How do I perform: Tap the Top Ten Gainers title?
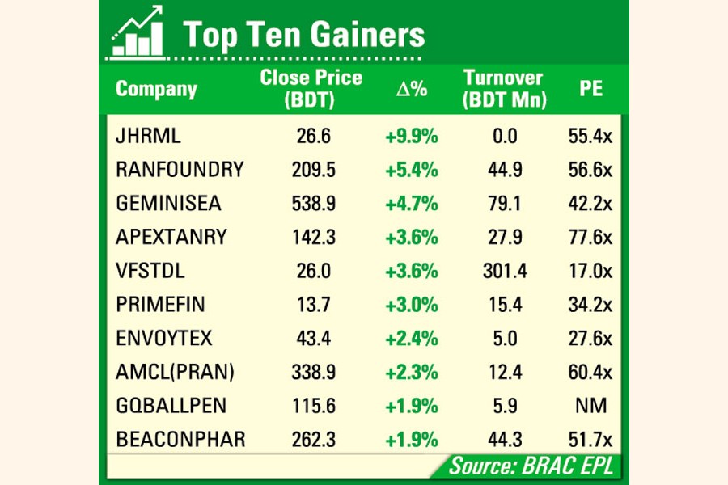tap(303, 36)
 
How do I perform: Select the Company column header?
tap(156, 89)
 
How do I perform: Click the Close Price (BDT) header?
tap(311, 89)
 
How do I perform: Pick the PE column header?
tap(591, 89)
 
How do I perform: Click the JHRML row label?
tap(149, 137)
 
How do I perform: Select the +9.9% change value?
tap(411, 137)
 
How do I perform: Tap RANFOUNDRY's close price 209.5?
tap(313, 171)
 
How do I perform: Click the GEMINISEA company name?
tap(168, 204)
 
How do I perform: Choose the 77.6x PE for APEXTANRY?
tap(590, 238)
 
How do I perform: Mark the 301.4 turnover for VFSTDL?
tap(505, 272)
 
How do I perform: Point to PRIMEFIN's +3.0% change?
tap(411, 305)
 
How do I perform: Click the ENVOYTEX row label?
tap(165, 339)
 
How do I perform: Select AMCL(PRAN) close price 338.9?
tap(313, 373)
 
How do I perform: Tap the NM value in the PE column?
tap(591, 407)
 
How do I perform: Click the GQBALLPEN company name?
tap(171, 407)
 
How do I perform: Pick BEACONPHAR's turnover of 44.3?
tap(505, 440)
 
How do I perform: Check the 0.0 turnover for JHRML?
tap(505, 137)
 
